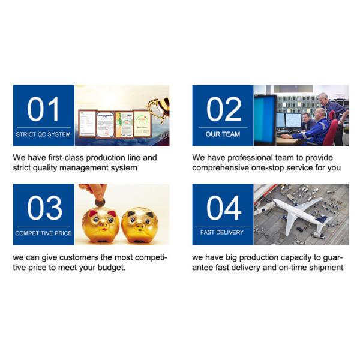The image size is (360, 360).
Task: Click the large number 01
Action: pos(43,109)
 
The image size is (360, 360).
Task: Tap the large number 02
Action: pos(224,109)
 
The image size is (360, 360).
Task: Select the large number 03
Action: pos(45,208)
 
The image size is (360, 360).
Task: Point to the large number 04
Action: pos(224,208)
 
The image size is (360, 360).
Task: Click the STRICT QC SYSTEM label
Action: pos(43,134)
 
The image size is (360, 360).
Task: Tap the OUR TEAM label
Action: pos(223,134)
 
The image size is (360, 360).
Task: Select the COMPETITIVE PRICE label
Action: pos(43,233)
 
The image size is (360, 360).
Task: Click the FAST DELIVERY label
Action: pos(222,232)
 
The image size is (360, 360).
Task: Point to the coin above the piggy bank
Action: pos(100,203)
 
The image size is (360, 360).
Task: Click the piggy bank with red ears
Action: pos(101,224)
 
